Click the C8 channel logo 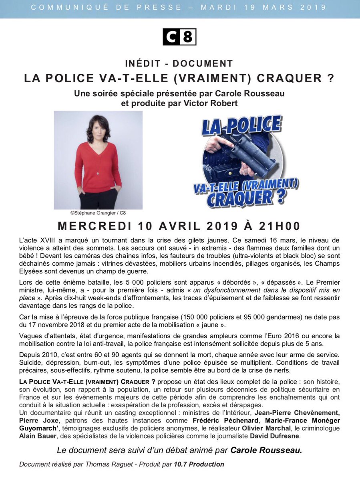179,37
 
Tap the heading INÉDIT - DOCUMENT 179,63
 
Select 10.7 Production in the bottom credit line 199,465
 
